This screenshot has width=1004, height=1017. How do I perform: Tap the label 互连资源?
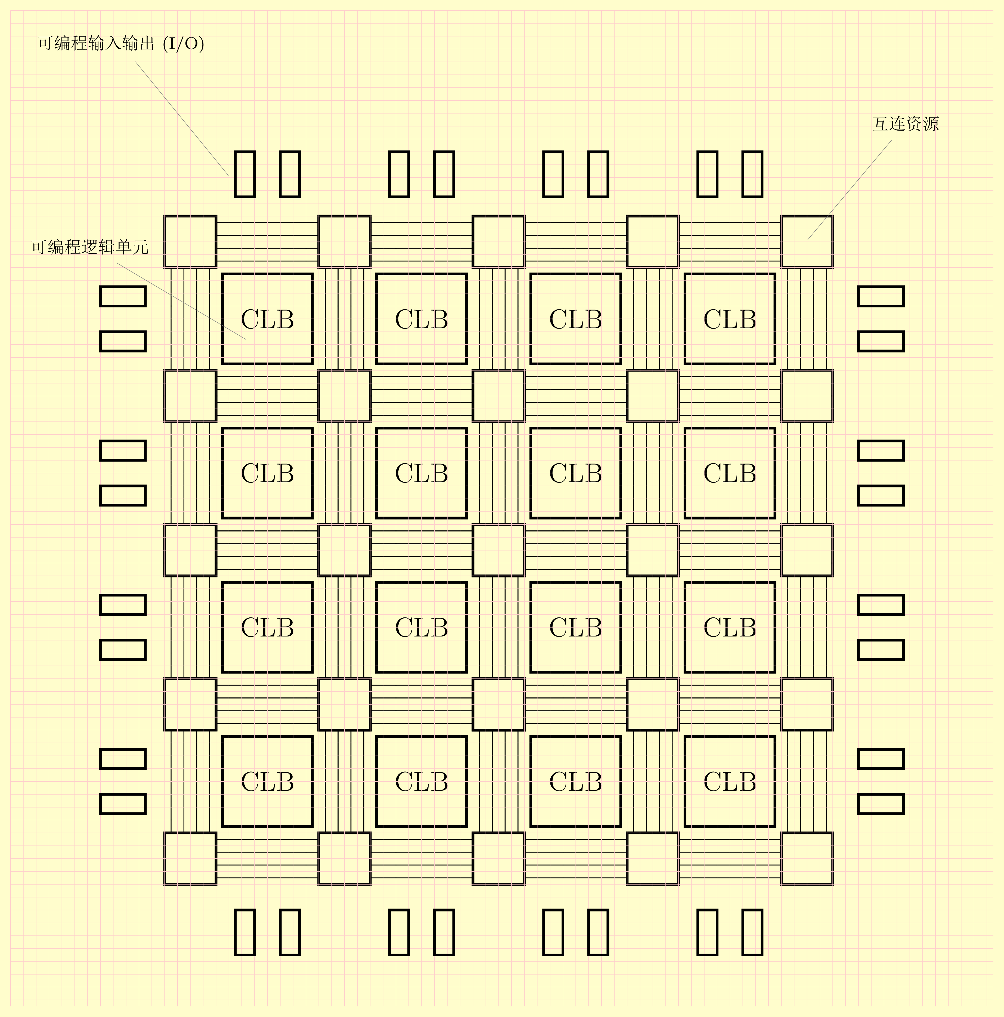tap(905, 124)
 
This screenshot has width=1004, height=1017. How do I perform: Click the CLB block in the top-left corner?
tap(267, 319)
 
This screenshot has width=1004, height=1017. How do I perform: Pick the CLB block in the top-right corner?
tap(730, 319)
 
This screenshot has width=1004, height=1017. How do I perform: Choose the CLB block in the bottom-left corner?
tap(267, 781)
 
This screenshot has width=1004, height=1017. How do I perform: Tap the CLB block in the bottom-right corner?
tap(730, 781)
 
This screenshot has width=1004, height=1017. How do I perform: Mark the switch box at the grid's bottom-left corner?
tap(190, 858)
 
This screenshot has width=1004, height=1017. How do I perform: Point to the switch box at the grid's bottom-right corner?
tap(807, 858)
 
